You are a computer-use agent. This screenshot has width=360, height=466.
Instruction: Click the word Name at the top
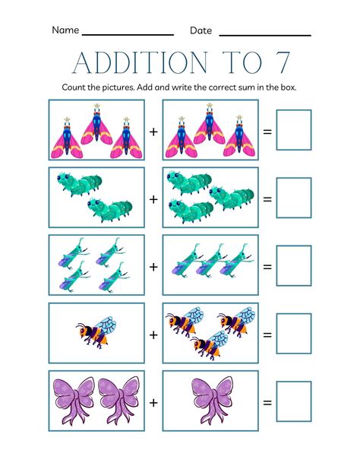click(x=65, y=30)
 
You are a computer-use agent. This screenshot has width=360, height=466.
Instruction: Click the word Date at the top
click(x=201, y=30)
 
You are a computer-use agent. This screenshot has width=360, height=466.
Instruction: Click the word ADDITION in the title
click(x=132, y=62)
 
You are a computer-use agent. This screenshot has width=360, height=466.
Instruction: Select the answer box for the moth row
click(x=293, y=130)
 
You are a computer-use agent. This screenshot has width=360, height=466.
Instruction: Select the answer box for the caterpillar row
click(x=293, y=198)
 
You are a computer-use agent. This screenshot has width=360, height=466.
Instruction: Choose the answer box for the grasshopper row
click(x=293, y=266)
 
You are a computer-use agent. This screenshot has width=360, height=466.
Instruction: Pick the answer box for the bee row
click(x=293, y=334)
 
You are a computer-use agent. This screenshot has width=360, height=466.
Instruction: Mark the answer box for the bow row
click(x=293, y=401)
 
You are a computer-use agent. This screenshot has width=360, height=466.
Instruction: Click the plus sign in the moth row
click(x=153, y=131)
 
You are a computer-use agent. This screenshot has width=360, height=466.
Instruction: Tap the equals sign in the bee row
click(x=267, y=334)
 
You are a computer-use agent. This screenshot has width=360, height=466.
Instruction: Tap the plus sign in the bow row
click(x=153, y=402)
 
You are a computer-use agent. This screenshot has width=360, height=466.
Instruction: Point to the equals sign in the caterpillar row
click(x=267, y=198)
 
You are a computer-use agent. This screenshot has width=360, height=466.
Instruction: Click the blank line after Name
click(x=128, y=34)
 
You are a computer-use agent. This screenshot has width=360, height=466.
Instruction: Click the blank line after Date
click(x=264, y=34)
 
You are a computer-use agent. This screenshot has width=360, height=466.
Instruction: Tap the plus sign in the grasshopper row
click(x=153, y=267)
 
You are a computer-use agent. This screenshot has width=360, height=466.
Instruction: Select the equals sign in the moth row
click(x=267, y=131)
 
